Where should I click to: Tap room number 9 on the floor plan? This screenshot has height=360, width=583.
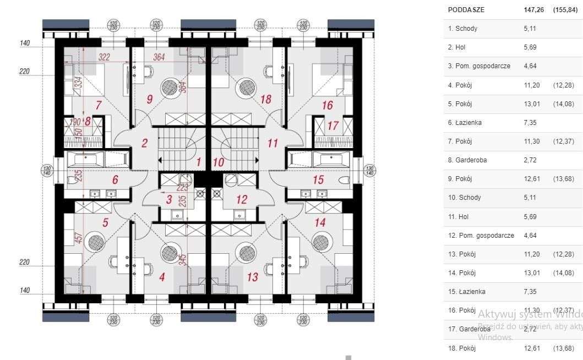149,99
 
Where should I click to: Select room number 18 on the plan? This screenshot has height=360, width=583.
266,99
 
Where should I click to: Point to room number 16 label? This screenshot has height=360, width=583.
328,105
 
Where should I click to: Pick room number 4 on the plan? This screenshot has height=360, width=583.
162,277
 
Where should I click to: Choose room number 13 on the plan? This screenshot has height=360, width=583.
252,277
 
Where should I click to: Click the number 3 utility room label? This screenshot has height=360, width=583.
169,200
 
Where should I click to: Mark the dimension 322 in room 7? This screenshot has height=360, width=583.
104,57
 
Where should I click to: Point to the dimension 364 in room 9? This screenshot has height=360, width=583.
159,57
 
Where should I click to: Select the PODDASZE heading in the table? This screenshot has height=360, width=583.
467,10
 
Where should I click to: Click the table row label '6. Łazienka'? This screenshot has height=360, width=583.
465,123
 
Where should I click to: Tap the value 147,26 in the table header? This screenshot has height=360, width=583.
534,10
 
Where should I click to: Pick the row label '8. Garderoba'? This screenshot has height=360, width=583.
467,160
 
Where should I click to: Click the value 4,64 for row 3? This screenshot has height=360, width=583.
530,66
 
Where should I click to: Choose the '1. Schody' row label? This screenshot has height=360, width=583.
462,29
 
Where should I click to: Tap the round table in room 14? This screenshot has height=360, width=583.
320,242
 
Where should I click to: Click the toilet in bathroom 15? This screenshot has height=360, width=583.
346,180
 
